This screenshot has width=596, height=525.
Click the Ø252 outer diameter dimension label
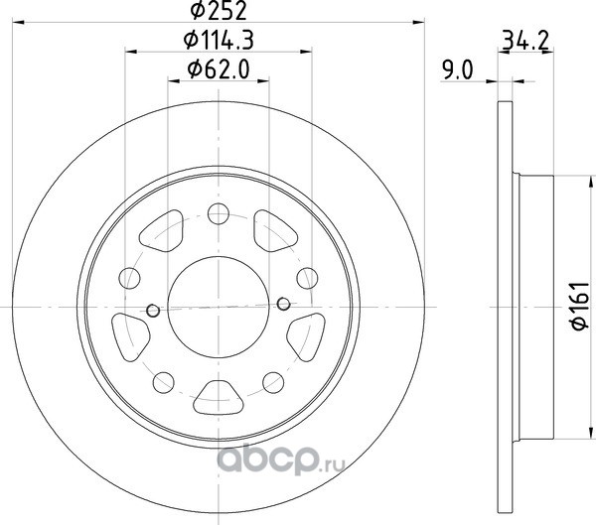tap(219, 10)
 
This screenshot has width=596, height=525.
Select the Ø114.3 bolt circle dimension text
tap(219, 40)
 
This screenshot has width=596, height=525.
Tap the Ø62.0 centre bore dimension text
tap(219, 69)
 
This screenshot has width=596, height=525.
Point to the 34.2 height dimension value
tap(525, 40)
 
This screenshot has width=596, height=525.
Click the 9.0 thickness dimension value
tap(457, 70)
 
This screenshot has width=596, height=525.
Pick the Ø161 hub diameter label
tap(580, 307)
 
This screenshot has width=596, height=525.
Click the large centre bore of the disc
tap(219, 307)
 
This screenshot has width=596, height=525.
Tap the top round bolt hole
tap(219, 213)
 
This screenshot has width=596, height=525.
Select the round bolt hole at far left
tap(129, 278)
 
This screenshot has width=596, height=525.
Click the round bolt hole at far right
tap(307, 278)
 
